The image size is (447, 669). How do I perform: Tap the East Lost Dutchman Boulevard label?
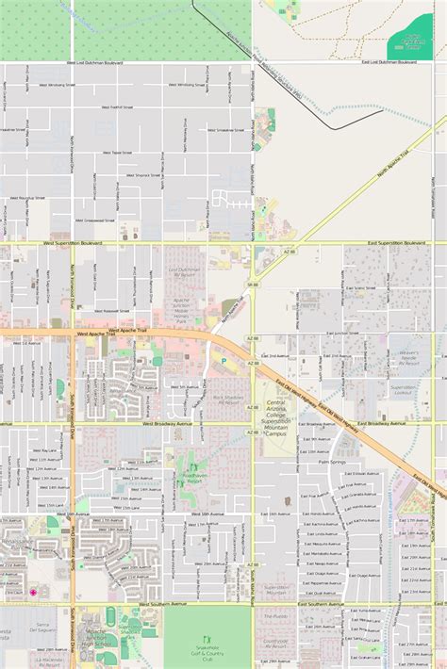389,62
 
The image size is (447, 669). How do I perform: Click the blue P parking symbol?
223,358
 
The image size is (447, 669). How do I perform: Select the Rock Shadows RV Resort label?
226,400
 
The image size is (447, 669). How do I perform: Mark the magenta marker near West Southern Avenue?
34,592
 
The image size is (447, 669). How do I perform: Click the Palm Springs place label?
332,463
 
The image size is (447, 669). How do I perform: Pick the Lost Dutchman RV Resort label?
185,272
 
